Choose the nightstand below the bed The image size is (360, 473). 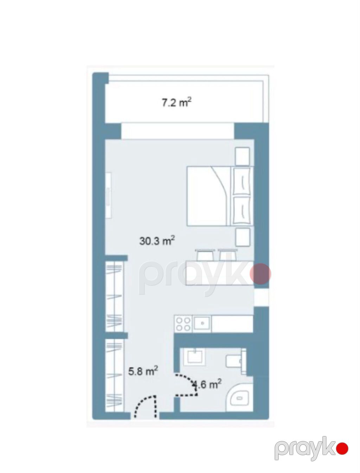tap(243, 237)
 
